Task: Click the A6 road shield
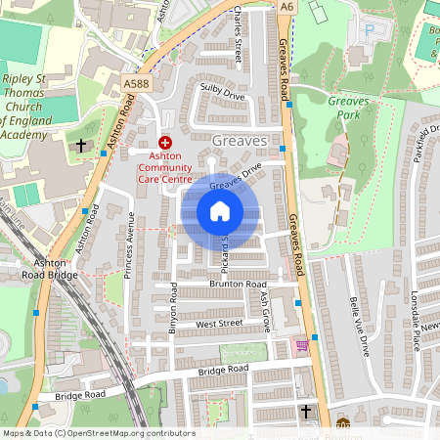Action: (286, 7)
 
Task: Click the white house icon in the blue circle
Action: (220, 211)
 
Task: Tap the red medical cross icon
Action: (164, 143)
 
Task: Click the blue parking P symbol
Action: (369, 30)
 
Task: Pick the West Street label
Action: (218, 323)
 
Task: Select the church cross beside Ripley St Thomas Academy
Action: (81, 145)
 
